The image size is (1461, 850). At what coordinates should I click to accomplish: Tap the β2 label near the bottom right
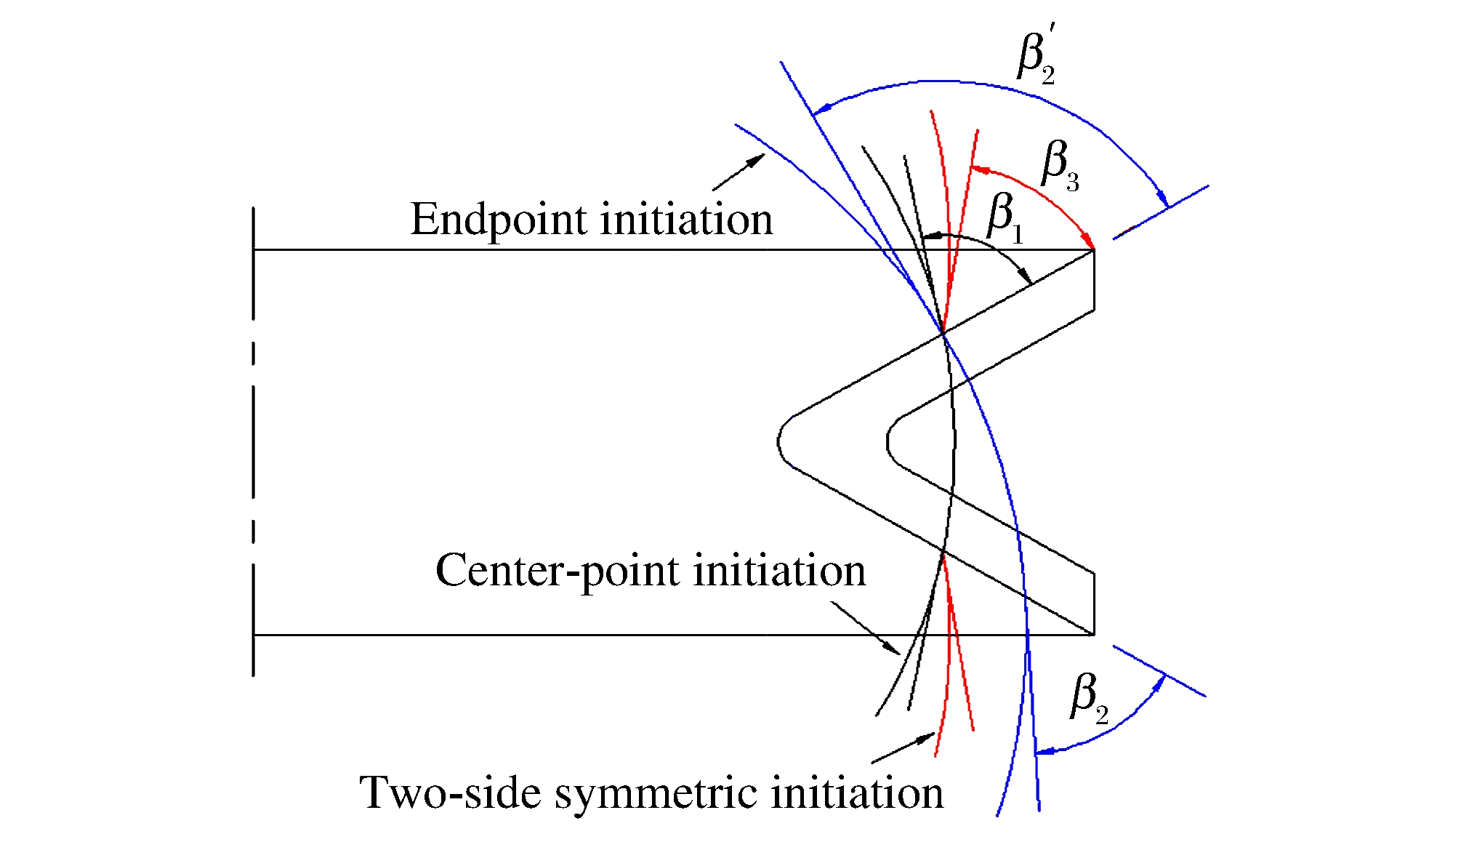tap(1089, 697)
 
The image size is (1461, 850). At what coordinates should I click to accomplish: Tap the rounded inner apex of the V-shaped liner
tap(888, 441)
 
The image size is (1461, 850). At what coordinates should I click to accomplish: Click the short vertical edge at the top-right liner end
tap(1094, 280)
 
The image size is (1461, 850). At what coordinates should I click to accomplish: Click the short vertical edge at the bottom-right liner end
tap(1094, 603)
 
